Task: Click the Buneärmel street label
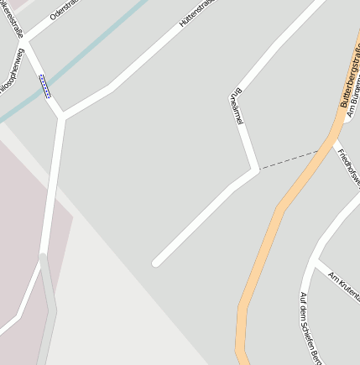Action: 236,107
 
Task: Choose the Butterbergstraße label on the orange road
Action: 349,76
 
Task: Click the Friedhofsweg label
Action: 347,168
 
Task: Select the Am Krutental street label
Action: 345,284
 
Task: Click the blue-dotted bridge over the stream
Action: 45,86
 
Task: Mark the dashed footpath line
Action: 290,160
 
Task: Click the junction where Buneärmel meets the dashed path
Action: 257,170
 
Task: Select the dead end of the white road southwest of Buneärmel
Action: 156,263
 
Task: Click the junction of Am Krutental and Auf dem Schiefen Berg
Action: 316,263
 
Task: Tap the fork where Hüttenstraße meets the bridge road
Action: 62,116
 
